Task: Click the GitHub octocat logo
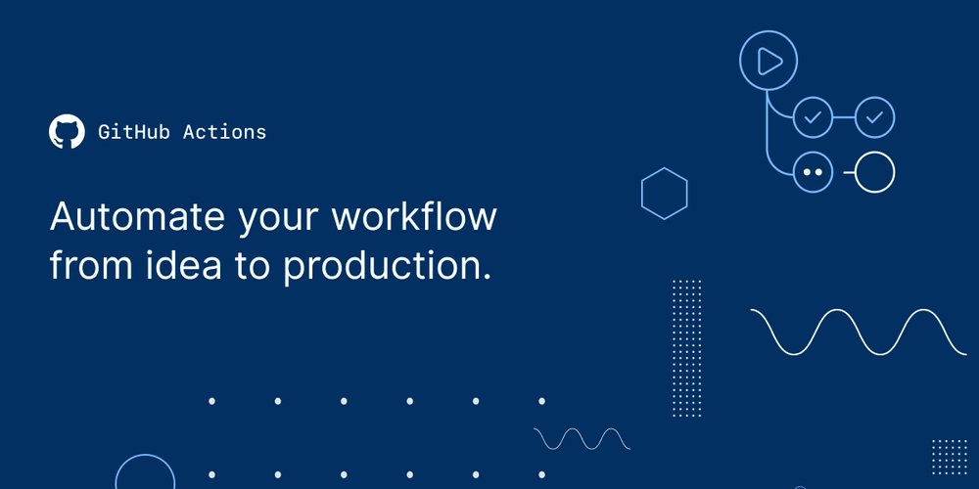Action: click(x=67, y=132)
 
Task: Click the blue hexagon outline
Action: click(x=664, y=192)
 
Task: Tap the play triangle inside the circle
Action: click(x=770, y=63)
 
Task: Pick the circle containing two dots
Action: click(x=812, y=172)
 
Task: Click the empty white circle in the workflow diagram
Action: click(x=875, y=172)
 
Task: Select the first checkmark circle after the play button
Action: click(x=812, y=118)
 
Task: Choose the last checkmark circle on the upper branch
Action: click(x=875, y=118)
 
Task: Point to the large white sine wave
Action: click(x=858, y=332)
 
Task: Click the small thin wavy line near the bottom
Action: click(x=582, y=438)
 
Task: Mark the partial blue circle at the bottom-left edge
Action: click(x=145, y=475)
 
